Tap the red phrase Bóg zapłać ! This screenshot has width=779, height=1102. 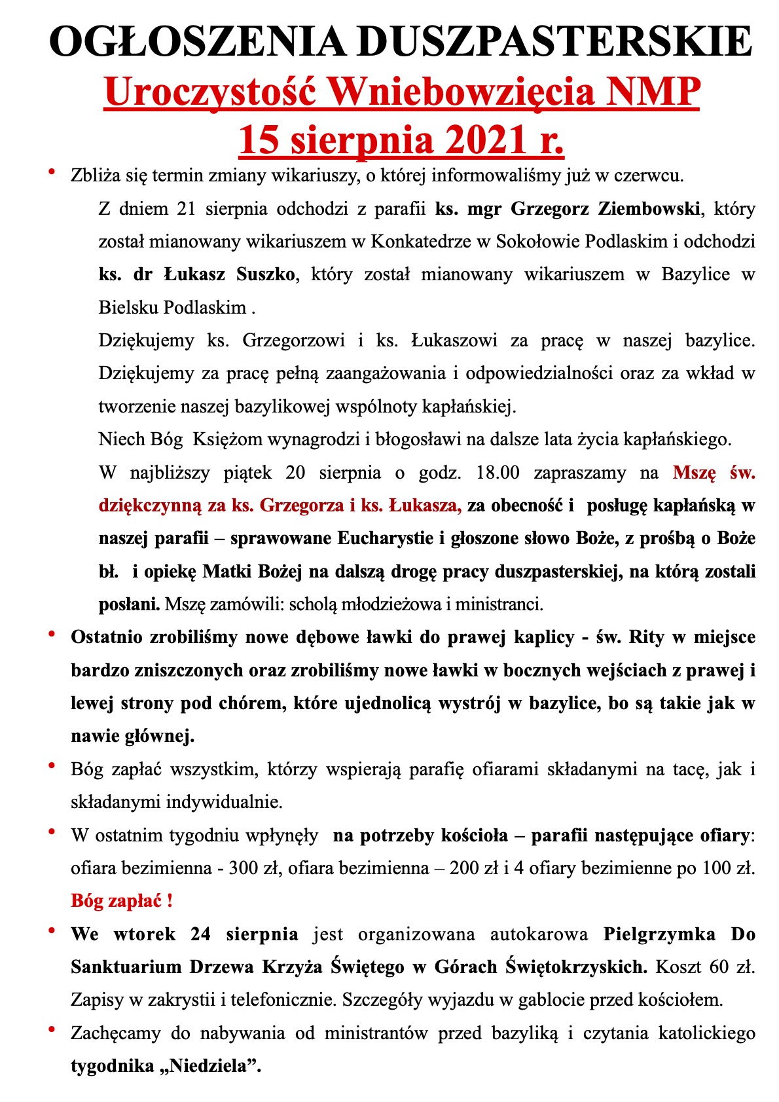point(122,901)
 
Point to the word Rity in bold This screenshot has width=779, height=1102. point(646,637)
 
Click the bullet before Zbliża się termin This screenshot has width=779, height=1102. point(51,172)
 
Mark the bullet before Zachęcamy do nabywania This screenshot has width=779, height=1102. point(51,1030)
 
